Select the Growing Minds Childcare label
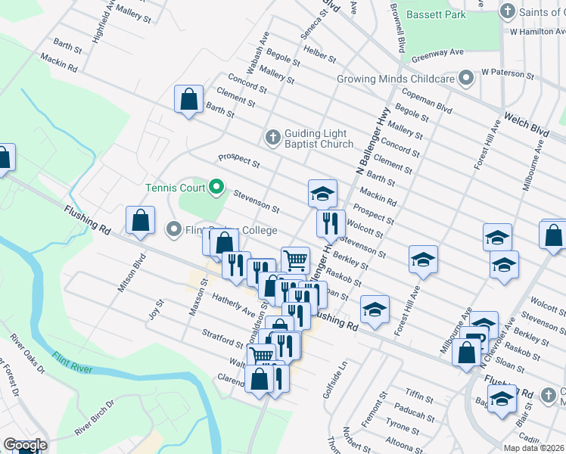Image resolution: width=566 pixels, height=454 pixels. click(x=406, y=78)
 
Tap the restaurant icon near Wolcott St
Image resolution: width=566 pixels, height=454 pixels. click(x=331, y=223)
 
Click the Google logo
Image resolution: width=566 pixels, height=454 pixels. click(x=24, y=446)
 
